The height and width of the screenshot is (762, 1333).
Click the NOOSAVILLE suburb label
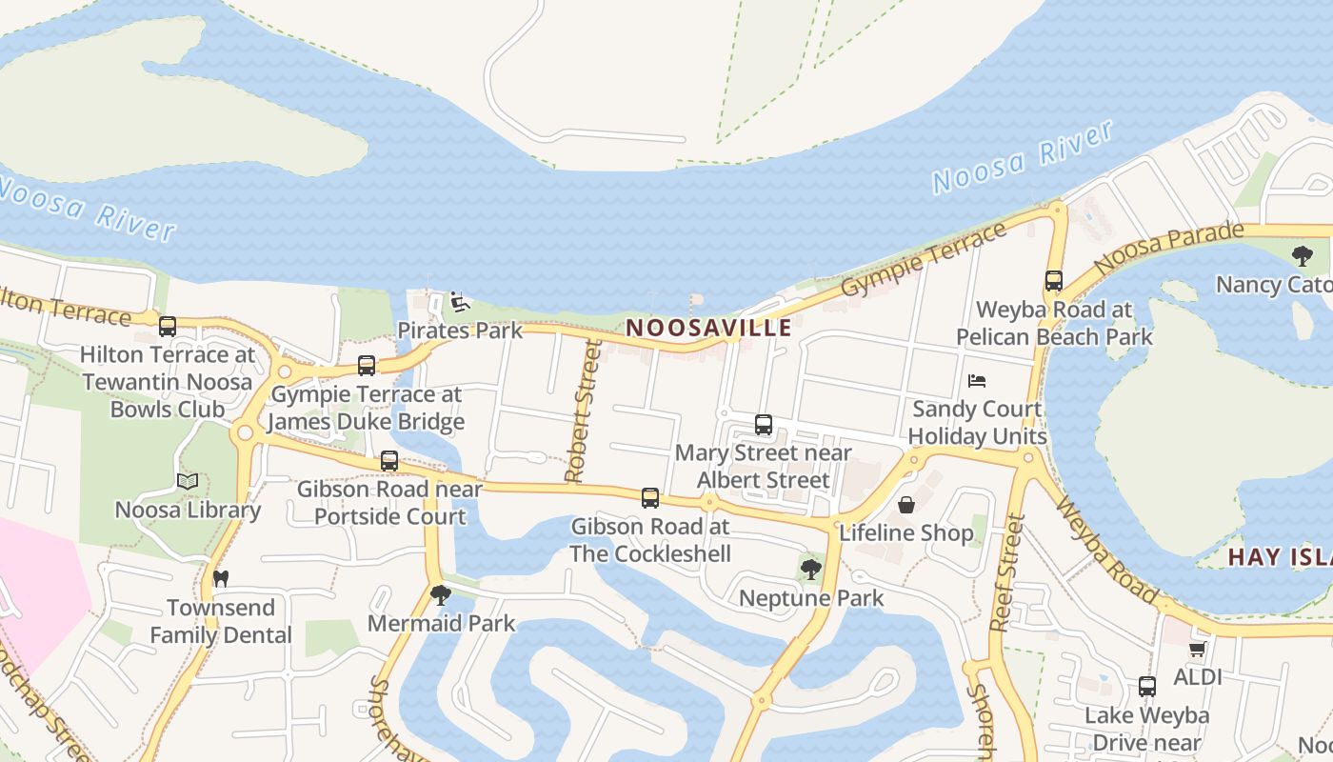point(708,328)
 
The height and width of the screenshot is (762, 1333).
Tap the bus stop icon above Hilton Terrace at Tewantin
point(168,327)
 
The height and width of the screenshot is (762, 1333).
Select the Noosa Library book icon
point(187,482)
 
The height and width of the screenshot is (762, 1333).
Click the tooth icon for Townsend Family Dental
point(221,578)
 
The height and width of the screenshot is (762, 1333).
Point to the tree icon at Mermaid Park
point(440,595)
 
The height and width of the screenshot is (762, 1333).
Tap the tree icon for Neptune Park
point(810,570)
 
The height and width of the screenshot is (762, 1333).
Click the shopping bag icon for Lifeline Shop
point(906,504)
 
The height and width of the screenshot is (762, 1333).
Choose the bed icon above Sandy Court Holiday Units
point(977,380)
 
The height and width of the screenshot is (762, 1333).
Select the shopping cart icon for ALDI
point(1197,649)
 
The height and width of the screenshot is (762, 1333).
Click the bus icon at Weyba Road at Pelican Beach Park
point(1053,281)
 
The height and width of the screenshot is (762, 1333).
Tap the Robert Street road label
point(582,412)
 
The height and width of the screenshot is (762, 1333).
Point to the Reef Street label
point(1006,572)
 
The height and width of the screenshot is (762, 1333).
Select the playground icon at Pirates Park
point(460,302)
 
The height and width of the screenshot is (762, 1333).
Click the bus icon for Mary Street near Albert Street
point(763,425)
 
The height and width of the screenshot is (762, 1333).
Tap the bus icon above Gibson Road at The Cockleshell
point(650,497)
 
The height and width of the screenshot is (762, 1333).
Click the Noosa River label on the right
point(1023,158)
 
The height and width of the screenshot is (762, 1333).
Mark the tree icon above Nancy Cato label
point(1303,255)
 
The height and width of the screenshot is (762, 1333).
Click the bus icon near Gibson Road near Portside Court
point(389,461)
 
